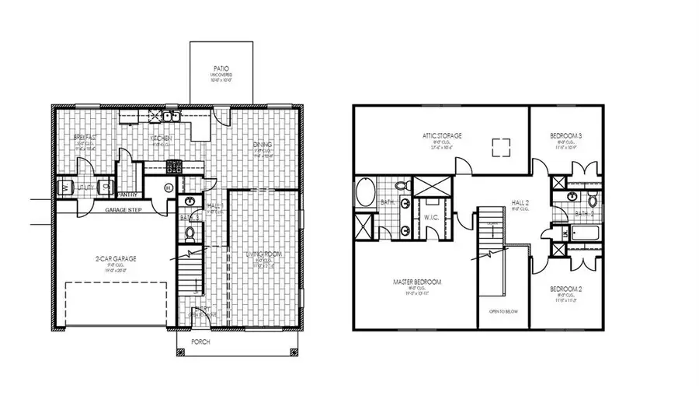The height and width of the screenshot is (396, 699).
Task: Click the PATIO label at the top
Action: click(209, 68)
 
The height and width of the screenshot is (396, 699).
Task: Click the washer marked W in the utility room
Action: click(65, 187)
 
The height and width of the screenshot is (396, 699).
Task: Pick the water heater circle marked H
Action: click(169, 187)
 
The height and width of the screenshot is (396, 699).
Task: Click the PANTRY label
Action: click(127, 194)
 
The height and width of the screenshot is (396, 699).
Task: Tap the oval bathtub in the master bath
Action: click(363, 189)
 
